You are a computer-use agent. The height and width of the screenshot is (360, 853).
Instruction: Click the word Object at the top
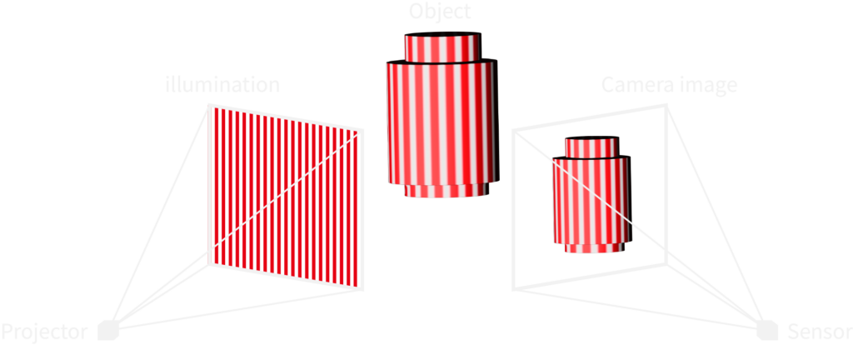440,11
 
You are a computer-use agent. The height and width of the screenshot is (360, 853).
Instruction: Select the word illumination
223,85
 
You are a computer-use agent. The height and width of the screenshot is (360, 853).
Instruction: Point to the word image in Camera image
705,87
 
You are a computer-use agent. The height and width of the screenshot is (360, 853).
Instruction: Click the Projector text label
45,332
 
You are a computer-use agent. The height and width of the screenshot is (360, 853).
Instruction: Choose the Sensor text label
820,331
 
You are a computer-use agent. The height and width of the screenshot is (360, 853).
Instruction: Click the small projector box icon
108,331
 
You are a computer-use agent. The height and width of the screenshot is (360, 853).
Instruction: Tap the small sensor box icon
767,331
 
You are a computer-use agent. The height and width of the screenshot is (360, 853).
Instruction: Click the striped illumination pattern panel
286,197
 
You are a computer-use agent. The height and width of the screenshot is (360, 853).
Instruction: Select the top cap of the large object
443,47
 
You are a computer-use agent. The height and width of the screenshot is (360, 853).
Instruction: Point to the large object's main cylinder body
442,122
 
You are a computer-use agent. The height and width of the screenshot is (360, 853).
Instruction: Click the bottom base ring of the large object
446,190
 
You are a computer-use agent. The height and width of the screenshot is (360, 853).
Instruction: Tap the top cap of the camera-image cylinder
592,147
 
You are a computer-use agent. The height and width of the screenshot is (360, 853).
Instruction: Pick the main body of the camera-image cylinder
592,199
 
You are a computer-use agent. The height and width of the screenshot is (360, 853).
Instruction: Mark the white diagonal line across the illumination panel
286,191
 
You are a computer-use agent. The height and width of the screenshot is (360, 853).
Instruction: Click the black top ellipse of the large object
443,33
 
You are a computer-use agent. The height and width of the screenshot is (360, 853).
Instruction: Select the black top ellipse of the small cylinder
592,138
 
